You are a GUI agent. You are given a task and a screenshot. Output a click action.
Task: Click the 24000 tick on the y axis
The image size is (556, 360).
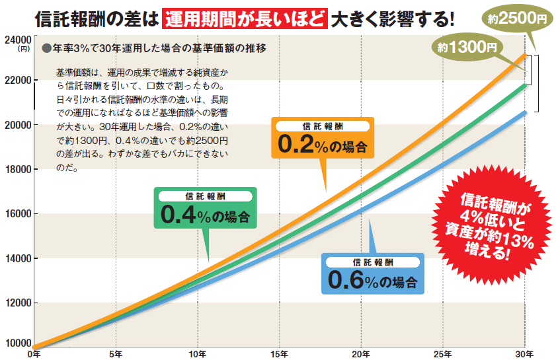[19, 40]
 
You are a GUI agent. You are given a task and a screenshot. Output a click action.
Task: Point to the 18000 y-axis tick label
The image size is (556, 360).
[19, 170]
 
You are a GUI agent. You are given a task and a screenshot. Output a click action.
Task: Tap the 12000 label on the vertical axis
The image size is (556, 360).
[19, 303]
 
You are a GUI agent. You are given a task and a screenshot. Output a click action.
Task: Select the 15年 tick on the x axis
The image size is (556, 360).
[280, 354]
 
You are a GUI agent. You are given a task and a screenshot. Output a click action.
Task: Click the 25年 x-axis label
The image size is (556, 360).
[443, 354]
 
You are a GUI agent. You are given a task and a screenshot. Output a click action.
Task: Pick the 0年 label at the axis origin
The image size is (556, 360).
[34, 354]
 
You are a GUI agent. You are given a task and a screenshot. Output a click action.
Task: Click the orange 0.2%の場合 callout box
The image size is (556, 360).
[323, 139]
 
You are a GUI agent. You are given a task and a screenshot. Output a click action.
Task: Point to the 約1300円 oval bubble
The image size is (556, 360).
[467, 48]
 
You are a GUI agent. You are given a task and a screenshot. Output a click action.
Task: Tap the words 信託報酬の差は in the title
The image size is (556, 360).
[95, 17]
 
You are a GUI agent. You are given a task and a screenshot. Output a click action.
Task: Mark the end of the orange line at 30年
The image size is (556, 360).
[525, 55]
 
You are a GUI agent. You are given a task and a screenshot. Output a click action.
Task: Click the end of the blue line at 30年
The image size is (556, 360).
[525, 113]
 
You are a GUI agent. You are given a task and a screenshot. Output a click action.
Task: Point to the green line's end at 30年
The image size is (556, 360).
[525, 85]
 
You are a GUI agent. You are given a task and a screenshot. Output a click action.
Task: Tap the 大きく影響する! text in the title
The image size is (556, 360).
[393, 17]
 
